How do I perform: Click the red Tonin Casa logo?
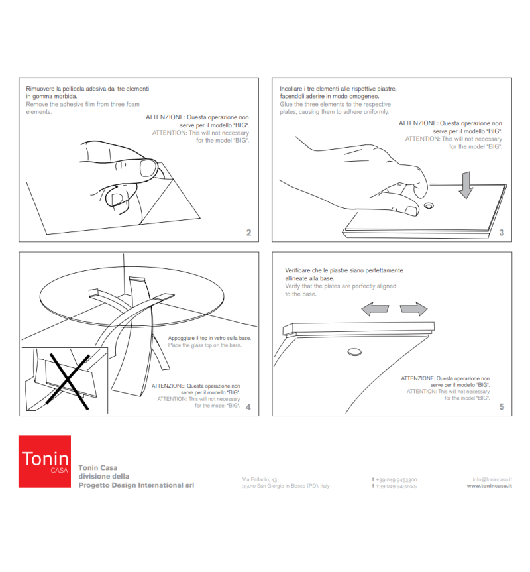point(44,461)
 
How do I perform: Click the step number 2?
point(248,233)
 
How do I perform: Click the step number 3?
point(502,233)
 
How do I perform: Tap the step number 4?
point(248,407)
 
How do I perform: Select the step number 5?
point(502,407)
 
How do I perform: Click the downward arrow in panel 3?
point(466,184)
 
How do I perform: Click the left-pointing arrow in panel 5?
point(375,308)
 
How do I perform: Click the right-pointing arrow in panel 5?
point(414,308)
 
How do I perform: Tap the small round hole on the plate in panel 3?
point(429,206)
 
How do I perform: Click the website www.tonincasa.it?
point(489,486)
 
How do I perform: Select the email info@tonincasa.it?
point(492,479)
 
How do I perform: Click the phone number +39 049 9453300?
point(396,479)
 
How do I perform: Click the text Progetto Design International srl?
point(136,486)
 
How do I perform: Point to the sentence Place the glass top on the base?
point(205,345)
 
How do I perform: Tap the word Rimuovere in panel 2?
point(40,88)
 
